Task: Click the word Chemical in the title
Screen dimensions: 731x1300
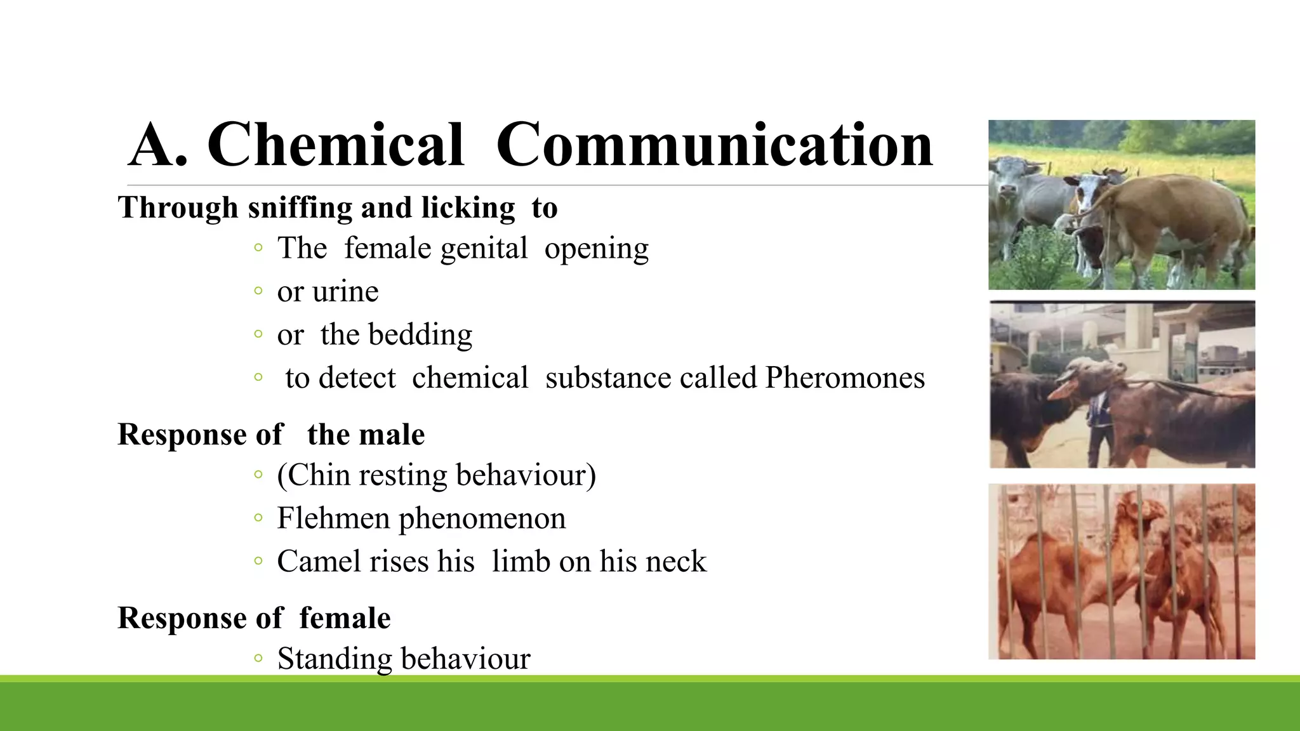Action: (336, 145)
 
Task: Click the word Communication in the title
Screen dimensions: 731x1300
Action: (714, 145)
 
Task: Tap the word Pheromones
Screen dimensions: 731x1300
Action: (845, 378)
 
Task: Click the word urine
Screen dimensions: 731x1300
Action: (347, 292)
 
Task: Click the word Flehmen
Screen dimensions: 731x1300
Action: (333, 518)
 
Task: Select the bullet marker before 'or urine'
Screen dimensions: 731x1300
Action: (258, 292)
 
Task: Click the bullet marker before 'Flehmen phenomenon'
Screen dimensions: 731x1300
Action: (258, 518)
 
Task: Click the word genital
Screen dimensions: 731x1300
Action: (484, 249)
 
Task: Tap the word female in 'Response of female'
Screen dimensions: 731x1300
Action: (345, 619)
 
